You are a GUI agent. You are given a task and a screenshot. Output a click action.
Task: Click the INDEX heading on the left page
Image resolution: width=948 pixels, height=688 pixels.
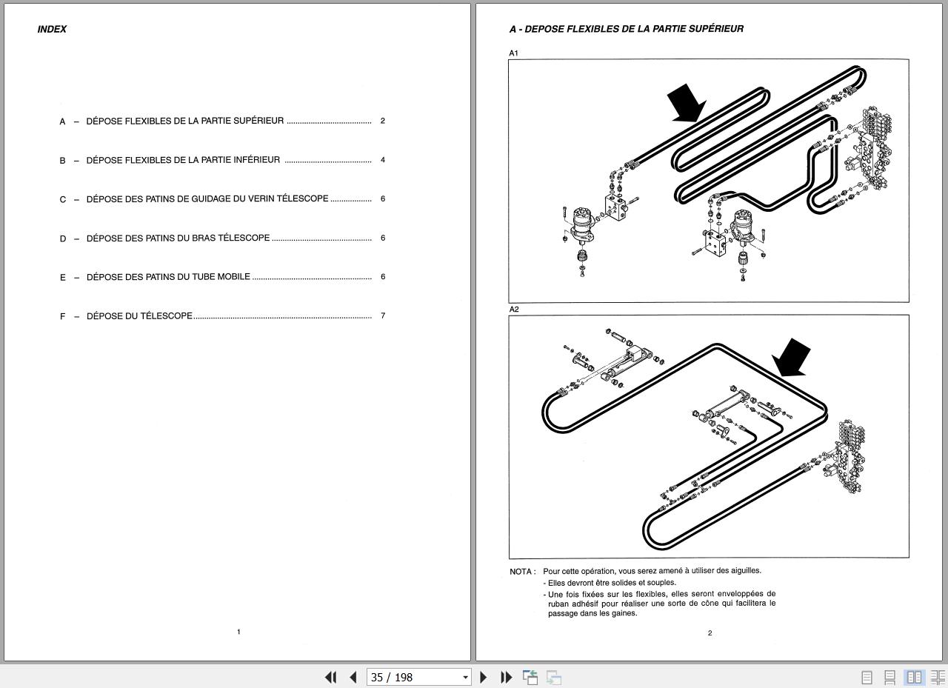click(x=52, y=30)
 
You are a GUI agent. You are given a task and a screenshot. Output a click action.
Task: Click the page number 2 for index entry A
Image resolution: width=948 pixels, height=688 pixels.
click(x=382, y=121)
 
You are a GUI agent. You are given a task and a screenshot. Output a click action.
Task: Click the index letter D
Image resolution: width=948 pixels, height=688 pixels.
click(x=63, y=238)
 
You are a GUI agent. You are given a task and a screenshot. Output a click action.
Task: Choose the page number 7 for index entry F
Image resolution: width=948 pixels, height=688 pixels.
click(x=383, y=316)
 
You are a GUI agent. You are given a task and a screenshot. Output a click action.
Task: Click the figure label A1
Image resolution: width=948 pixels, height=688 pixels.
click(x=513, y=53)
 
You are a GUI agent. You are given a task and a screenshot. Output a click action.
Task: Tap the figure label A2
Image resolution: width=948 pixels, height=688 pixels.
click(x=514, y=310)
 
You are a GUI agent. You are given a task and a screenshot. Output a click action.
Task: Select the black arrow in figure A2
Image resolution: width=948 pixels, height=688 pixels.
click(x=792, y=358)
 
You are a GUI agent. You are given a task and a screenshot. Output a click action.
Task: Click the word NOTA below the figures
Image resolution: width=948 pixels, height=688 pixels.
click(x=521, y=572)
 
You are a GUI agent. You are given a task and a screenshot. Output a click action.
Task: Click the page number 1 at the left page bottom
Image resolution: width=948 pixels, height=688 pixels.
click(x=238, y=632)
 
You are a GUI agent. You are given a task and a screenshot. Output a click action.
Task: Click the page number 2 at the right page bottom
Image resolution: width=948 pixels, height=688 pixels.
click(x=710, y=633)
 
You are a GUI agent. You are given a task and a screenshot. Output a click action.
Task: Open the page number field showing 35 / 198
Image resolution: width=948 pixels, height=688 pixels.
click(x=418, y=678)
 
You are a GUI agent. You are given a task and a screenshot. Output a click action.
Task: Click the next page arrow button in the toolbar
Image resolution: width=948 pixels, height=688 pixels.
click(x=484, y=678)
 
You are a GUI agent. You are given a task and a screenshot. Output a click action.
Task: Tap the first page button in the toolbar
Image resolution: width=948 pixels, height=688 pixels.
click(x=330, y=678)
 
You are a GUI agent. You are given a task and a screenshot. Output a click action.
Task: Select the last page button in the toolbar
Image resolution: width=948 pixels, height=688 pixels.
click(x=507, y=678)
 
